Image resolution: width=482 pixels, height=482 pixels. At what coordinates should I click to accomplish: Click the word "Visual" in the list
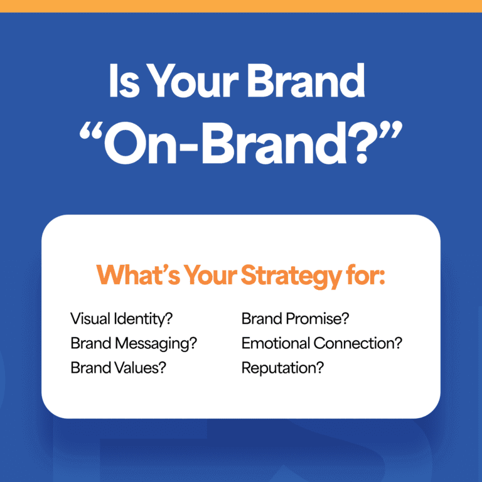coord(89,319)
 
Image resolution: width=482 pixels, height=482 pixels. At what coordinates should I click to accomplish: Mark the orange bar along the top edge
coord(241,6)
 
